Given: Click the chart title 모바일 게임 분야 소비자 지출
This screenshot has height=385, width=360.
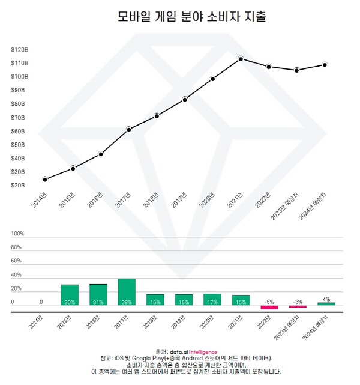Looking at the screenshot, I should pyautogui.click(x=191, y=17).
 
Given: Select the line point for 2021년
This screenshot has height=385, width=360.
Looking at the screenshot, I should pyautogui.click(x=241, y=58).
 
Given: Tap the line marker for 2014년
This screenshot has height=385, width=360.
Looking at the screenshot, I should pyautogui.click(x=45, y=179).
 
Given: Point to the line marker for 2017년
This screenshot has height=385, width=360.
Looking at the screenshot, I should pyautogui.click(x=129, y=129).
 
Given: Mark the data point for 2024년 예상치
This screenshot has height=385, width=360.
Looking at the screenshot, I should pyautogui.click(x=325, y=64).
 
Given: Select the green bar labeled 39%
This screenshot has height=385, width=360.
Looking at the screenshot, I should pyautogui.click(x=127, y=292).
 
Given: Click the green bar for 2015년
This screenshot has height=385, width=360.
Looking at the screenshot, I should pyautogui.click(x=70, y=295).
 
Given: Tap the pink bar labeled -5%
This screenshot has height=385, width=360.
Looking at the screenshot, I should pyautogui.click(x=269, y=307).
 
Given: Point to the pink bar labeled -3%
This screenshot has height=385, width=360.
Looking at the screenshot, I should pyautogui.click(x=298, y=306).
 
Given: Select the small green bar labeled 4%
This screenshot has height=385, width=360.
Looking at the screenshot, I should pyautogui.click(x=326, y=304).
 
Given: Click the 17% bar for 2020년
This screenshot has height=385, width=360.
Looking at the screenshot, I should pyautogui.click(x=212, y=299).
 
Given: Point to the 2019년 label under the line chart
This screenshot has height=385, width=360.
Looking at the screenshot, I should pyautogui.click(x=179, y=202).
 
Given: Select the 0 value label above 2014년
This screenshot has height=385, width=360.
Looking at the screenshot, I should pyautogui.click(x=41, y=302).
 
